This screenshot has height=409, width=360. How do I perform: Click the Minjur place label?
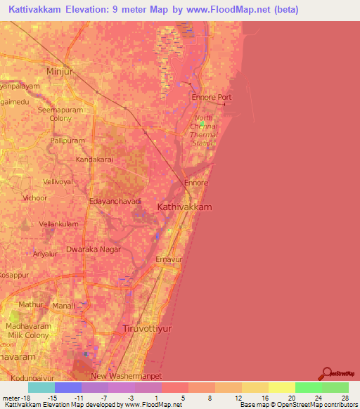[59, 72]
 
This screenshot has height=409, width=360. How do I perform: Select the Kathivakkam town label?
[184, 207]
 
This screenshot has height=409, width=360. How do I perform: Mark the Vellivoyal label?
[58, 181]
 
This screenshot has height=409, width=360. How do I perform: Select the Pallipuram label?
[67, 141]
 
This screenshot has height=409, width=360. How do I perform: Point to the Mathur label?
[31, 304]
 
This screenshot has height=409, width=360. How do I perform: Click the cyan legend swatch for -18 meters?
[41, 387]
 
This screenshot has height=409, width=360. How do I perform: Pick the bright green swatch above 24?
[308, 387]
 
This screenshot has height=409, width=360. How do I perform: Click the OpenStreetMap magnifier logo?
[326, 373]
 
